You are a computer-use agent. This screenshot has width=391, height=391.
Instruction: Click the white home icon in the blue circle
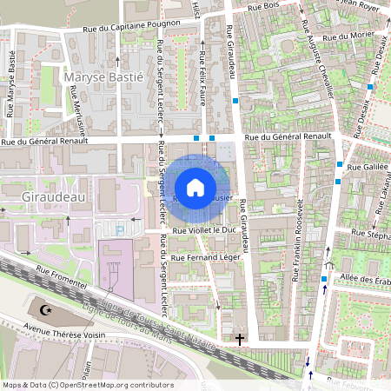pos(195,187)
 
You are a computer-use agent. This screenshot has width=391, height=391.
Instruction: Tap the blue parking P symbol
pos(120,229)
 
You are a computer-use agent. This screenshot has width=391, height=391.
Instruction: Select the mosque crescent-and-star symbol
pos(47,309)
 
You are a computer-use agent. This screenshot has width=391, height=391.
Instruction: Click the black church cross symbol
pos(241,339)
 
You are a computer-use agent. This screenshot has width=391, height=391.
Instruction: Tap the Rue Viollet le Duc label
pos(204,231)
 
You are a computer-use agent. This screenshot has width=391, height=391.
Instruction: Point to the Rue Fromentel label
pos(57,282)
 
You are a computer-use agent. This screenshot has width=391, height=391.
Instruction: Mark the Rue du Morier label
pos(342,37)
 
